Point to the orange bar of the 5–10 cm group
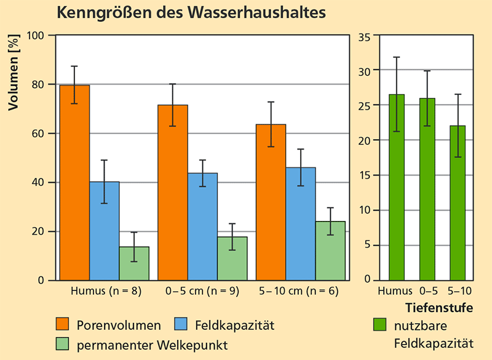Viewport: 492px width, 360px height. [x=271, y=202]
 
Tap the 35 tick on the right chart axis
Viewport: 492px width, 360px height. [x=364, y=36]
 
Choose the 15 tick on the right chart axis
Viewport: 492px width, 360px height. [x=364, y=175]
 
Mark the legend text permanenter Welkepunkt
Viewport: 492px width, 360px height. [x=152, y=345]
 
